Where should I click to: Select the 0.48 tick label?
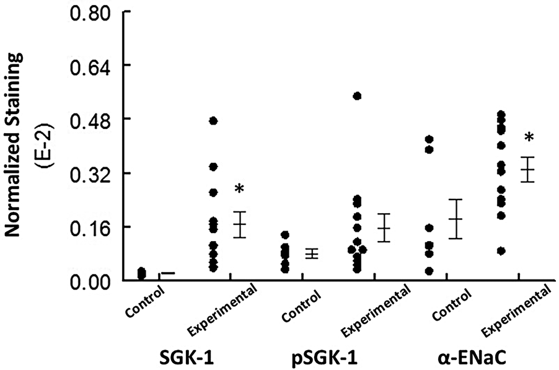88,119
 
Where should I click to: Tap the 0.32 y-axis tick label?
88,173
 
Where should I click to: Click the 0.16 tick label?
88,227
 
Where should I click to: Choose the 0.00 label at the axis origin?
88,281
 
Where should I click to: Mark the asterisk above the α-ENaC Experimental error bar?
529,139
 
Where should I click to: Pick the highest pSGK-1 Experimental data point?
357,96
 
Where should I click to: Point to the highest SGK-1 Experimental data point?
213,120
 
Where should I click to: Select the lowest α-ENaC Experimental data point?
501,251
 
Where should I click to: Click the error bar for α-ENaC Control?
456,219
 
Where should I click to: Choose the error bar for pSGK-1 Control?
312,253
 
